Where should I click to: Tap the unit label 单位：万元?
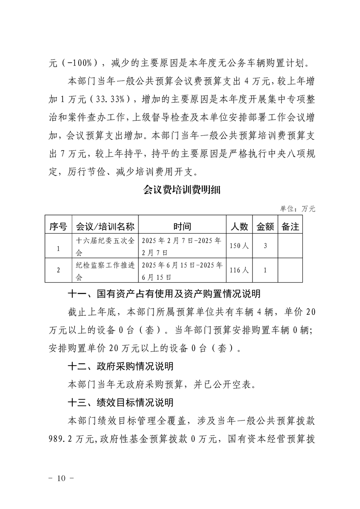tap(297, 209)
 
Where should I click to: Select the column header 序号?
tap(58, 226)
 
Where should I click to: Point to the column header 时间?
tap(182, 226)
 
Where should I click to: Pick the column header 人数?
tap(239, 226)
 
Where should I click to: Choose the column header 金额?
tap(265, 226)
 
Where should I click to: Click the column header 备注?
tap(290, 226)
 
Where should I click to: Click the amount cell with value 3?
tap(265, 246)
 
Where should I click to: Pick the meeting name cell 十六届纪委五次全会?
tap(105, 246)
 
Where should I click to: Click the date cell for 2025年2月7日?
tap(182, 246)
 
